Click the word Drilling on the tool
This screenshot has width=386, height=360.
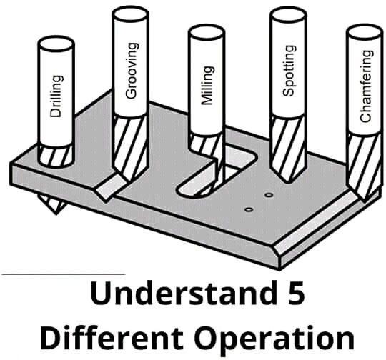pos(56,96)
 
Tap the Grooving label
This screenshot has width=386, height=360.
pos(132,71)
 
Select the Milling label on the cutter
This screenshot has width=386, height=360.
pos(207,86)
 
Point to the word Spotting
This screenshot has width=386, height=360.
pos(289,71)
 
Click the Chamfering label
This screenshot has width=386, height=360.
pos(366,86)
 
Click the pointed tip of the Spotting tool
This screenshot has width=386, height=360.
pos(287,182)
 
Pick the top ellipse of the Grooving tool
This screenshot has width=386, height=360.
pos(130,14)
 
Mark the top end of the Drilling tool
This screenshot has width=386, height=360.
pos(56,44)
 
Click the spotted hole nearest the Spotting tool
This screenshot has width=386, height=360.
pos(269,195)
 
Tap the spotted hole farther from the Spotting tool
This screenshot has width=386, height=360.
pos(249,210)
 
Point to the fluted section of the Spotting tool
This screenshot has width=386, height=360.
pos(288,148)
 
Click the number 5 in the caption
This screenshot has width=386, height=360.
pos(295,293)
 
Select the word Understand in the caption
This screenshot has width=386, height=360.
pos(184,292)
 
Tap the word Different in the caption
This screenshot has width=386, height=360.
pos(112,337)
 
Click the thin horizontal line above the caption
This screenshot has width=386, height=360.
pos(64,274)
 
